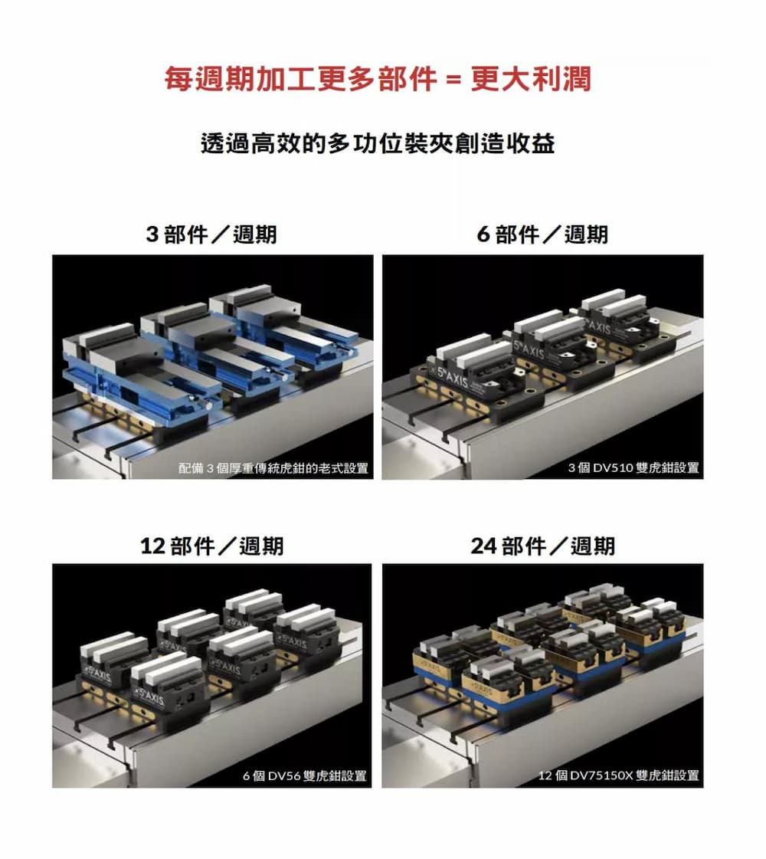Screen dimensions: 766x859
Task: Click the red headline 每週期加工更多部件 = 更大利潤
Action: (x=378, y=79)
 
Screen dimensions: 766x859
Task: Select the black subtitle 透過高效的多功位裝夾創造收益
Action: (x=378, y=143)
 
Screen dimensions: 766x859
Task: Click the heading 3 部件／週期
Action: (x=211, y=234)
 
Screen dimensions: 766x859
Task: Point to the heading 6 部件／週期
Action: (x=542, y=234)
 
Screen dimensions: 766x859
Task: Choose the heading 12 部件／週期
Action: (x=212, y=546)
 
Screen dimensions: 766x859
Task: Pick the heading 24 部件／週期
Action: (x=542, y=546)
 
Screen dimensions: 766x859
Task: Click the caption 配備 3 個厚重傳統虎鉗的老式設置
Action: (x=273, y=468)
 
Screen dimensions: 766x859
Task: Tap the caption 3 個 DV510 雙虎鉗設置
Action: (x=633, y=468)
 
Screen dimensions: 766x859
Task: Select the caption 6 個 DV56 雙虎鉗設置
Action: (x=305, y=775)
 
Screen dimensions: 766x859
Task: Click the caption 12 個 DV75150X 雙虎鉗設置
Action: (x=619, y=775)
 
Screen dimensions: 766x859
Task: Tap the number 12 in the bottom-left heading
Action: (x=152, y=546)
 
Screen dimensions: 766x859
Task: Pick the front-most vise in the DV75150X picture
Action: (x=506, y=685)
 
